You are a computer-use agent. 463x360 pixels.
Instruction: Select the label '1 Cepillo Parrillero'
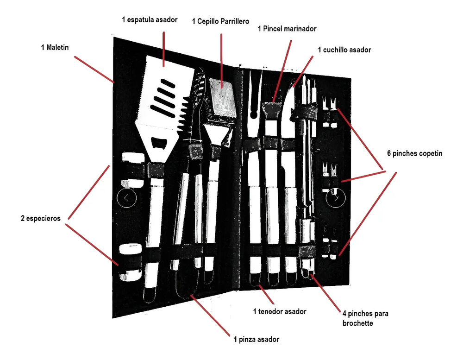[x=221, y=21]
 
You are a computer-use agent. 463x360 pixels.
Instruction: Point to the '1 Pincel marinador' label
[x=287, y=29]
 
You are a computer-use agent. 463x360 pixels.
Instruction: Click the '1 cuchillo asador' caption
[x=344, y=49]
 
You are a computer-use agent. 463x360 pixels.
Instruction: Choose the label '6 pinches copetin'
[x=415, y=153]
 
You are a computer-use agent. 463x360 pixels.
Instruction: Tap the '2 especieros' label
[x=41, y=218]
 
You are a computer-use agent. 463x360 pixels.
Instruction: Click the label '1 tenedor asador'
[x=279, y=311]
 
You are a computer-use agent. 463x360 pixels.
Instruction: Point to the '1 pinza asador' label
[x=256, y=340]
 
